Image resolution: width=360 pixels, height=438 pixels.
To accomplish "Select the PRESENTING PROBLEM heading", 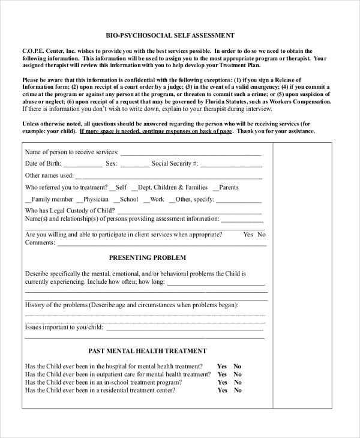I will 147,257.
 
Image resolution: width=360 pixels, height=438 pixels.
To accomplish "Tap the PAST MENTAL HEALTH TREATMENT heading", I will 147,351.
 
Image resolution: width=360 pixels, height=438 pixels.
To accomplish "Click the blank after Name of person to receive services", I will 191,152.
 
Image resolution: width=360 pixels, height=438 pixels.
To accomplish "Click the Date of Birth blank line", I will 83,164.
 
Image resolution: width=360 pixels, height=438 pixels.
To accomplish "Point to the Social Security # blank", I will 231,164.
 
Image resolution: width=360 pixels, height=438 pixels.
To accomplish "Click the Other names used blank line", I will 169,176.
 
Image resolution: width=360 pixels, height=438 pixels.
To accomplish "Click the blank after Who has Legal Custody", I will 189,211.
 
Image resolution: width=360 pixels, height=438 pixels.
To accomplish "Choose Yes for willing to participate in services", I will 248,235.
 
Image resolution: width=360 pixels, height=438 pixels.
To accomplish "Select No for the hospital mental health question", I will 238,366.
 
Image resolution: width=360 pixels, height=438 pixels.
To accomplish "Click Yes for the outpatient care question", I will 222,374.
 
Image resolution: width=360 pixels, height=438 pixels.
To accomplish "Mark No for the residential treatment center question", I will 238,390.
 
